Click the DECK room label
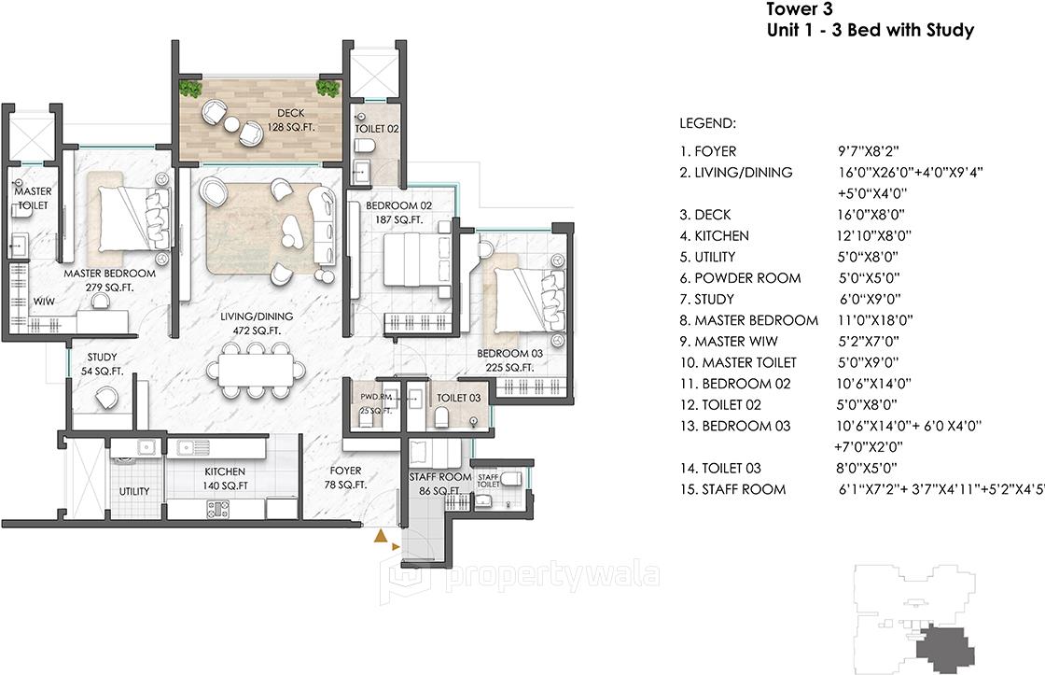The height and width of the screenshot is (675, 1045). (290, 113)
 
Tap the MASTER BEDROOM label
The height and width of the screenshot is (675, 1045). (109, 274)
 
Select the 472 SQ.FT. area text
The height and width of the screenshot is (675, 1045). (257, 330)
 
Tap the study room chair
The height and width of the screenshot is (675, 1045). (106, 399)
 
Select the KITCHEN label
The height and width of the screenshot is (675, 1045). (225, 471)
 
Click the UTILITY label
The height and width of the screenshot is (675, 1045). (134, 492)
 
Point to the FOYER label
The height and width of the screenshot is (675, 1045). (345, 471)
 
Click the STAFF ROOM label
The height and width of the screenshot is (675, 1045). (439, 478)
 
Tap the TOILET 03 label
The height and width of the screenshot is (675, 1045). (458, 399)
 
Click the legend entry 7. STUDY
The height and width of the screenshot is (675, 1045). (706, 300)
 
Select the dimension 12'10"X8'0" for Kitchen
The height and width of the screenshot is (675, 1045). (874, 236)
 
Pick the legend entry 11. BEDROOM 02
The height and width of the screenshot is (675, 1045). (734, 385)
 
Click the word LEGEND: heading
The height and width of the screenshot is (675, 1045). (708, 124)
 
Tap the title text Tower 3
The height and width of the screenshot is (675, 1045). (799, 9)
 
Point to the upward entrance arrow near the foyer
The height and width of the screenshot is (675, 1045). (381, 536)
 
